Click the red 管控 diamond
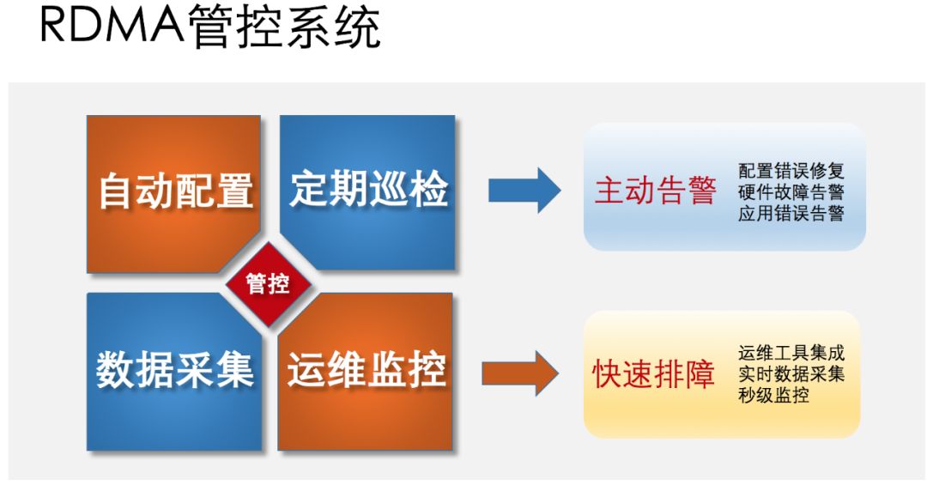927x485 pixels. pyautogui.click(x=269, y=284)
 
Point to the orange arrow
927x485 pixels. pyautogui.click(x=520, y=373)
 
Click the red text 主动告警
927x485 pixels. pyautogui.click(x=655, y=191)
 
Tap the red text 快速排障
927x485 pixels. pyautogui.click(x=654, y=374)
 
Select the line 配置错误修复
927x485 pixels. pyautogui.click(x=791, y=171)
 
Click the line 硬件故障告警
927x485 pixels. pyautogui.click(x=791, y=192)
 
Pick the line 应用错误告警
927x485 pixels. pyautogui.click(x=791, y=214)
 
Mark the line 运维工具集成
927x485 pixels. pyautogui.click(x=791, y=353)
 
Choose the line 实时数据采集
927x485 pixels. pyautogui.click(x=791, y=374)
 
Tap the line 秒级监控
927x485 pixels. pyautogui.click(x=772, y=396)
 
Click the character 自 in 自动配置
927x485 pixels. pyautogui.click(x=117, y=191)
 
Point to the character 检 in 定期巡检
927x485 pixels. pyautogui.click(x=427, y=190)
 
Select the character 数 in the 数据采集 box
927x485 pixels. pyautogui.click(x=116, y=371)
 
